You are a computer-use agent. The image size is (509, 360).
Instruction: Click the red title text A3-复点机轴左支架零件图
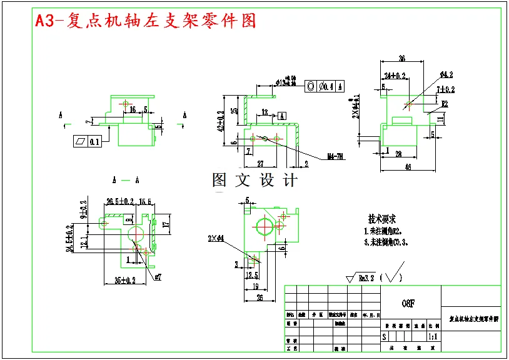tap(146, 22)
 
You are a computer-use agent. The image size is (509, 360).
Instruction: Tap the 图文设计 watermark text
tap(254, 181)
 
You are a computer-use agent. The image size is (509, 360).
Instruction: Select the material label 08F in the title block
tap(408, 304)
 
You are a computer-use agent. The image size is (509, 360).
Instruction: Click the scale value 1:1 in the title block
tap(432, 336)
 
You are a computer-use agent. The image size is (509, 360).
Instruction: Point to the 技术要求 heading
tap(382, 219)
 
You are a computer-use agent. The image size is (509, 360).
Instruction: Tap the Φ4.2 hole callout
tap(446, 74)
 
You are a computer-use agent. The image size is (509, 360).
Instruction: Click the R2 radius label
tap(445, 104)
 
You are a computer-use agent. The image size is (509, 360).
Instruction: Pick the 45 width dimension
tap(407, 167)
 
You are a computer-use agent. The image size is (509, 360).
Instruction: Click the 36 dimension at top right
tap(401, 59)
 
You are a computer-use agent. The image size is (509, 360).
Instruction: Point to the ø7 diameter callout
tap(158, 277)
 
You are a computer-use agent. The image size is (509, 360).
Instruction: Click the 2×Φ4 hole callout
tap(216, 237)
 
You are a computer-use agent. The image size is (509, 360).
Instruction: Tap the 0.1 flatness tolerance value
tap(94, 142)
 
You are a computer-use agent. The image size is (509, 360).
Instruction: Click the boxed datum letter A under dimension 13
tap(282, 116)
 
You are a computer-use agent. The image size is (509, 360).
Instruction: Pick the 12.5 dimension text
tap(252, 275)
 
